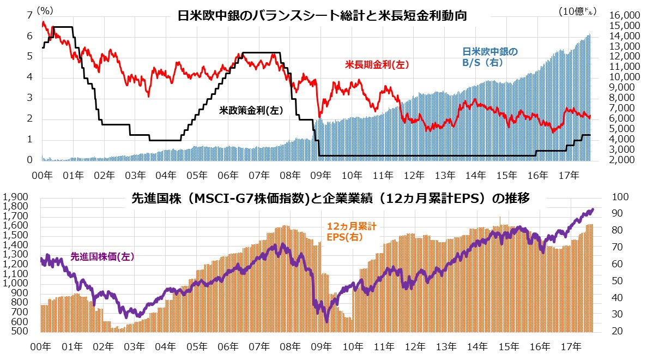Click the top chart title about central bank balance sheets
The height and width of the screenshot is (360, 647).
tap(323, 16)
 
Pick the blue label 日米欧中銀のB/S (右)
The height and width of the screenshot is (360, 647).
tap(490, 57)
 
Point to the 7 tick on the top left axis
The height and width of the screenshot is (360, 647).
tap(29, 15)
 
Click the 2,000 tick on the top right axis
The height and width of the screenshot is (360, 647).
tap(620, 160)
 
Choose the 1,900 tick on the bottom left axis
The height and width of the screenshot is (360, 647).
tap(16, 197)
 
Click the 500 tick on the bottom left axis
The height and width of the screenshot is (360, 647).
tap(20, 331)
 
